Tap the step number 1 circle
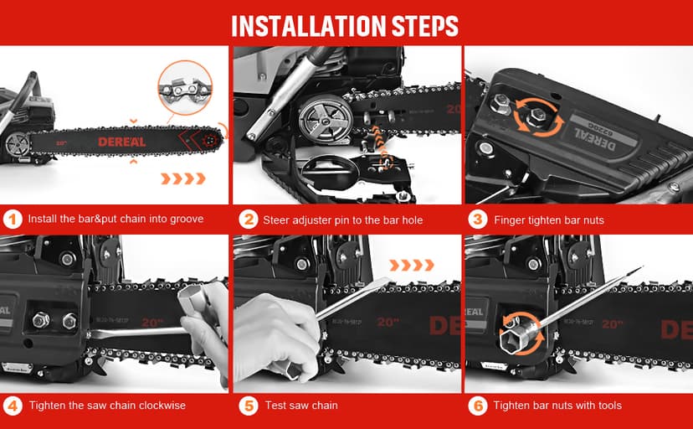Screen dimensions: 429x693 tap(12, 220)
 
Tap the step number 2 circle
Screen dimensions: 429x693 tap(248, 220)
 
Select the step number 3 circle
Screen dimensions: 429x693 tap(477, 220)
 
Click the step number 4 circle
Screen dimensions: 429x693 tap(12, 405)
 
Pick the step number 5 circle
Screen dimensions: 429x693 tap(248, 405)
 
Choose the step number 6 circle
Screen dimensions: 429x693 tap(477, 405)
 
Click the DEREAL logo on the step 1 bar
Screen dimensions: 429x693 tap(121, 142)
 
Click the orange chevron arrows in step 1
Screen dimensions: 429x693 tap(182, 178)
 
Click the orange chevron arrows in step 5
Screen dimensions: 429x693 tap(413, 265)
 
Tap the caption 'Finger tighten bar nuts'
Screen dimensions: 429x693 tap(549, 220)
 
